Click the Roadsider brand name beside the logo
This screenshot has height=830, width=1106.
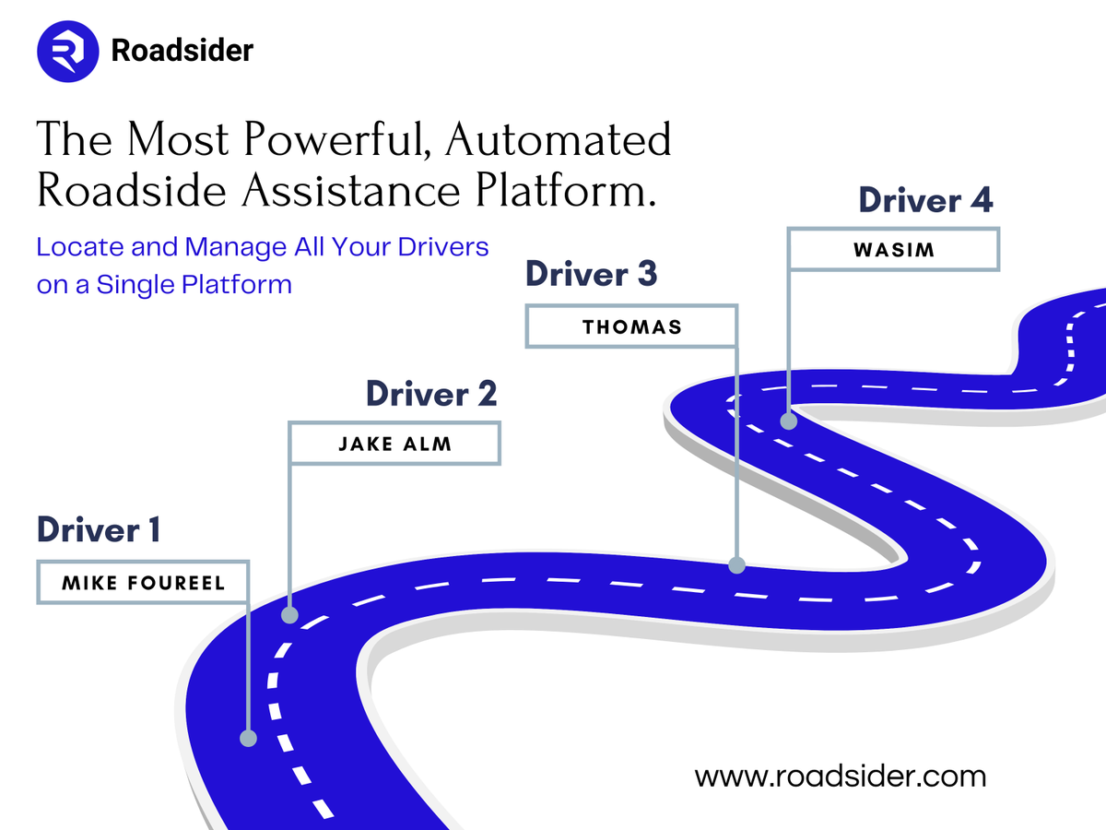[182, 50]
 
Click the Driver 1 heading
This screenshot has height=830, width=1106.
[99, 530]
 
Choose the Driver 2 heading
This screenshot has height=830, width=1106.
[430, 394]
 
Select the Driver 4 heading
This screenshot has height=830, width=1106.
[925, 200]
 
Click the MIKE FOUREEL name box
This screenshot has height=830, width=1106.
[143, 582]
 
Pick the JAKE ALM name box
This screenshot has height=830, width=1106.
[394, 444]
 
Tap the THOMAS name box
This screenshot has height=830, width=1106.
[631, 326]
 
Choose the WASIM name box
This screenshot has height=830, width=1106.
[893, 249]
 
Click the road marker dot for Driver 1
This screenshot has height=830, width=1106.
[248, 738]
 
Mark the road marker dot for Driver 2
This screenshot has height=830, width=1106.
[290, 614]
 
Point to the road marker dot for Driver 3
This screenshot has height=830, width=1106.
[736, 564]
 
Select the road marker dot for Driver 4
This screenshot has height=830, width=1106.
[789, 421]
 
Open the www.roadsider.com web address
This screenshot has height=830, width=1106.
[840, 777]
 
